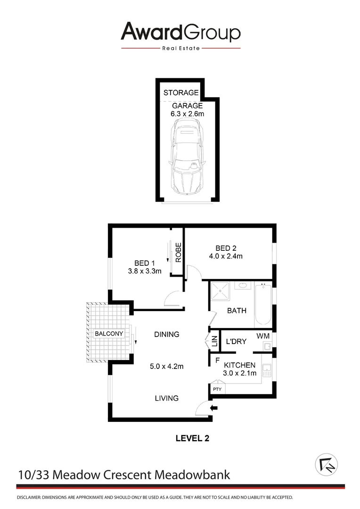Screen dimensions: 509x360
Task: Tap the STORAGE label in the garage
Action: (x=181, y=93)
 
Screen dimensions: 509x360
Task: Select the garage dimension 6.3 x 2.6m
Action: (x=187, y=114)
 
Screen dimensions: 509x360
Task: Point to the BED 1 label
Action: (x=145, y=263)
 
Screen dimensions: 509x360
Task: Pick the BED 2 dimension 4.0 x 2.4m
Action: (x=225, y=257)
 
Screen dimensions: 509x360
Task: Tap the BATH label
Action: (x=237, y=311)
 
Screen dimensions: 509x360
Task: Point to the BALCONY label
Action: (x=109, y=334)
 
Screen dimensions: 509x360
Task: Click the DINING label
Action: (x=166, y=335)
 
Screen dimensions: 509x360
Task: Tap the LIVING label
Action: (x=167, y=398)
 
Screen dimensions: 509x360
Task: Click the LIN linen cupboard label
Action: (x=214, y=341)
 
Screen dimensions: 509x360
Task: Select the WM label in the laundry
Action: (x=263, y=336)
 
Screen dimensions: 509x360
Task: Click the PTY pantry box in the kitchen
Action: (x=217, y=389)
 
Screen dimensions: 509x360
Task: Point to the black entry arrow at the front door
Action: (x=214, y=408)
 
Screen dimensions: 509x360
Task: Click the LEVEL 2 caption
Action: (x=192, y=438)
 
